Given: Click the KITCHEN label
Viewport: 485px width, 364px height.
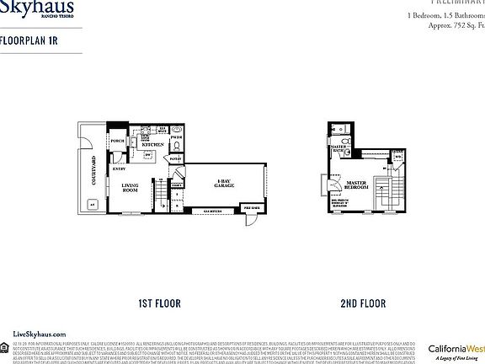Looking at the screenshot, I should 152,144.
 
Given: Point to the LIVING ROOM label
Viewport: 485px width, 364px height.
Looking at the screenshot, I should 131,188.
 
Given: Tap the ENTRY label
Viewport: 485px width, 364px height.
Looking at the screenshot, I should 119,169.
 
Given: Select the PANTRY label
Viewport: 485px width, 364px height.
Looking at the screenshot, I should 176,158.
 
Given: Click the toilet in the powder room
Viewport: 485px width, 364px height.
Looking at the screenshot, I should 177,144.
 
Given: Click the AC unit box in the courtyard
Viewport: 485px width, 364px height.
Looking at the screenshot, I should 91,203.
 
